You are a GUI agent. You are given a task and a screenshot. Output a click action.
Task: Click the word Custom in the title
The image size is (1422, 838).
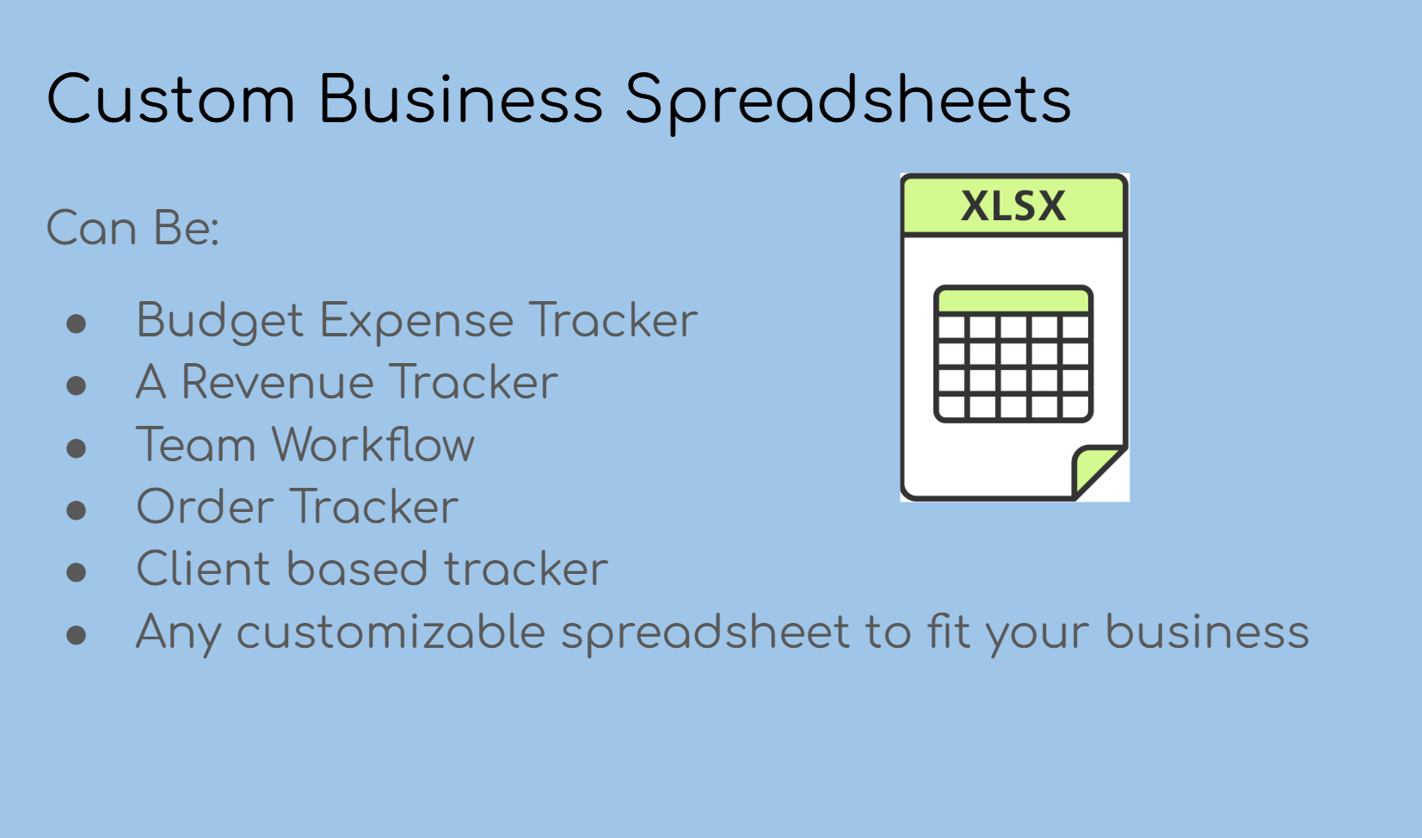(x=170, y=100)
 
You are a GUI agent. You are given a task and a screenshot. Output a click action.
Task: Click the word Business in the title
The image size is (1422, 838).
(x=460, y=100)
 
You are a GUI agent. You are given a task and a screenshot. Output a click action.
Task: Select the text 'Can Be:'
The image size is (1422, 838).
(x=132, y=229)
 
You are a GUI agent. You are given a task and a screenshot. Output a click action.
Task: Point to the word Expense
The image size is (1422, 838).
(x=416, y=322)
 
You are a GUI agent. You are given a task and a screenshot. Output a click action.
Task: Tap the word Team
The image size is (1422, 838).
(x=196, y=445)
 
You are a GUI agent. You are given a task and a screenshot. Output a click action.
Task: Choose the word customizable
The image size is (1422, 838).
(x=391, y=632)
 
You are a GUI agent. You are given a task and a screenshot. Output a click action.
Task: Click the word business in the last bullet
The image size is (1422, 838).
(x=1207, y=632)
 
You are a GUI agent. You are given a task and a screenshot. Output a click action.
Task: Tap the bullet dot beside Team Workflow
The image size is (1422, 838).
(x=77, y=448)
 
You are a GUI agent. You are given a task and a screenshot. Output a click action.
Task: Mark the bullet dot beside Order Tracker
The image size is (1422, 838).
(x=77, y=510)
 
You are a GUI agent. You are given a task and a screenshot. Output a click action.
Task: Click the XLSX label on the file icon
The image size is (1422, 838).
(x=1013, y=206)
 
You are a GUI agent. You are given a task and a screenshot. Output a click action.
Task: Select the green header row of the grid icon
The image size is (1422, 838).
(x=1013, y=301)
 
